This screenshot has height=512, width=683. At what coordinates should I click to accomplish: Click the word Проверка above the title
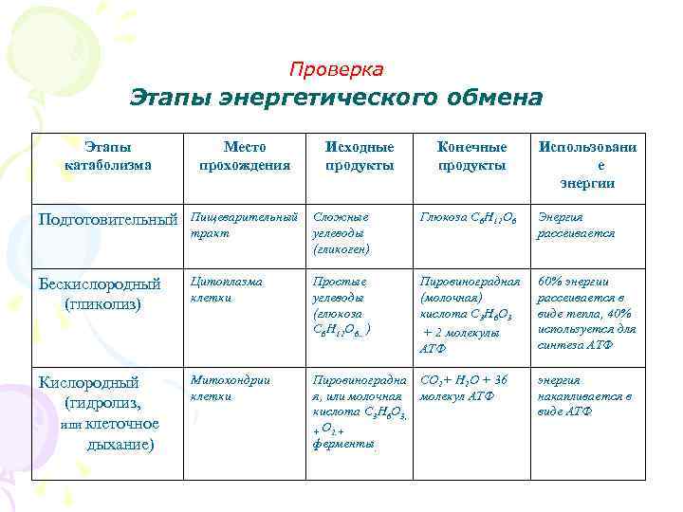(x=336, y=70)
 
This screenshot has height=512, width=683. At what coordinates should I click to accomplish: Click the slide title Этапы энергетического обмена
(x=336, y=99)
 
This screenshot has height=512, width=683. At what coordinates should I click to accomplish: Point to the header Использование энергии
(x=587, y=165)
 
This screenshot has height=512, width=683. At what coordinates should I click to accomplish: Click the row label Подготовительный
(x=107, y=219)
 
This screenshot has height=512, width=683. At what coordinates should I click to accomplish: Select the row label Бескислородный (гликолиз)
(x=101, y=294)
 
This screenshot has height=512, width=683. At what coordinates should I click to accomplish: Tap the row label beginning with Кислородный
(x=101, y=412)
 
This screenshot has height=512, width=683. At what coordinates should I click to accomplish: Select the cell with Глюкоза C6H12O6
(x=471, y=217)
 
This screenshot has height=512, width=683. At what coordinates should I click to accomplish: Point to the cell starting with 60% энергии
(x=586, y=313)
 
